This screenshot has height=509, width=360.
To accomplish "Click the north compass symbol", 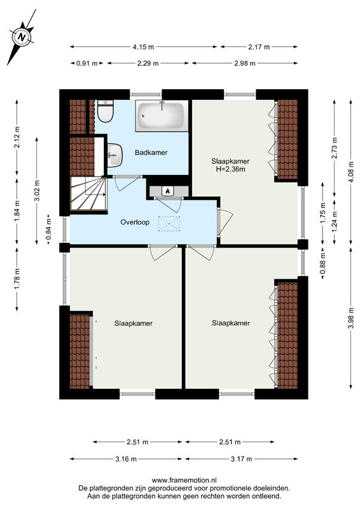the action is (22, 37).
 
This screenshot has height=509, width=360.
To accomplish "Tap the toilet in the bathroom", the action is (105, 111).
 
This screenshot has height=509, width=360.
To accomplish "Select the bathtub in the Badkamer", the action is (162, 116).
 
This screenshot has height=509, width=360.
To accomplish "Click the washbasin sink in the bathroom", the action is (114, 155).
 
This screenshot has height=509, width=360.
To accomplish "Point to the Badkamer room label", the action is (151, 152).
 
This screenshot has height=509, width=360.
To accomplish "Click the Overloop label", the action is (135, 222).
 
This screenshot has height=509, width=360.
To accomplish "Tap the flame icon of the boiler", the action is (167, 191).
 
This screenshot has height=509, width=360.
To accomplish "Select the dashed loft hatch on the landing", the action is (169, 224).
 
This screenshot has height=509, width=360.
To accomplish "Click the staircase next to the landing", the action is (88, 194).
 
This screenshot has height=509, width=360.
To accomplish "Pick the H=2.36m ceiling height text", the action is (230, 169).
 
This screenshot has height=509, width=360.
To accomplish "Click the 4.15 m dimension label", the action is (143, 46).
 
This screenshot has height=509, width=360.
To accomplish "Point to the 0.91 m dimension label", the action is (87, 63).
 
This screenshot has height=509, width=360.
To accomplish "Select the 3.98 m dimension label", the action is (351, 317).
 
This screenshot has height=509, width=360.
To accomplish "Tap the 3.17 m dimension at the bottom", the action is (241, 459).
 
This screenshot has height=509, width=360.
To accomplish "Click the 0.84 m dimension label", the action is (48, 230).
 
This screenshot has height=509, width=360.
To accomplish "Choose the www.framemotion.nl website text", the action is (184, 480).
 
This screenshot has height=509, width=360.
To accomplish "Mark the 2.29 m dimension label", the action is (148, 63).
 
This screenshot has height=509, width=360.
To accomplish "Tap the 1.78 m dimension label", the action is (17, 279).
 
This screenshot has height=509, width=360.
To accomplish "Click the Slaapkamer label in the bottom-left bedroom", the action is (134, 323).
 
